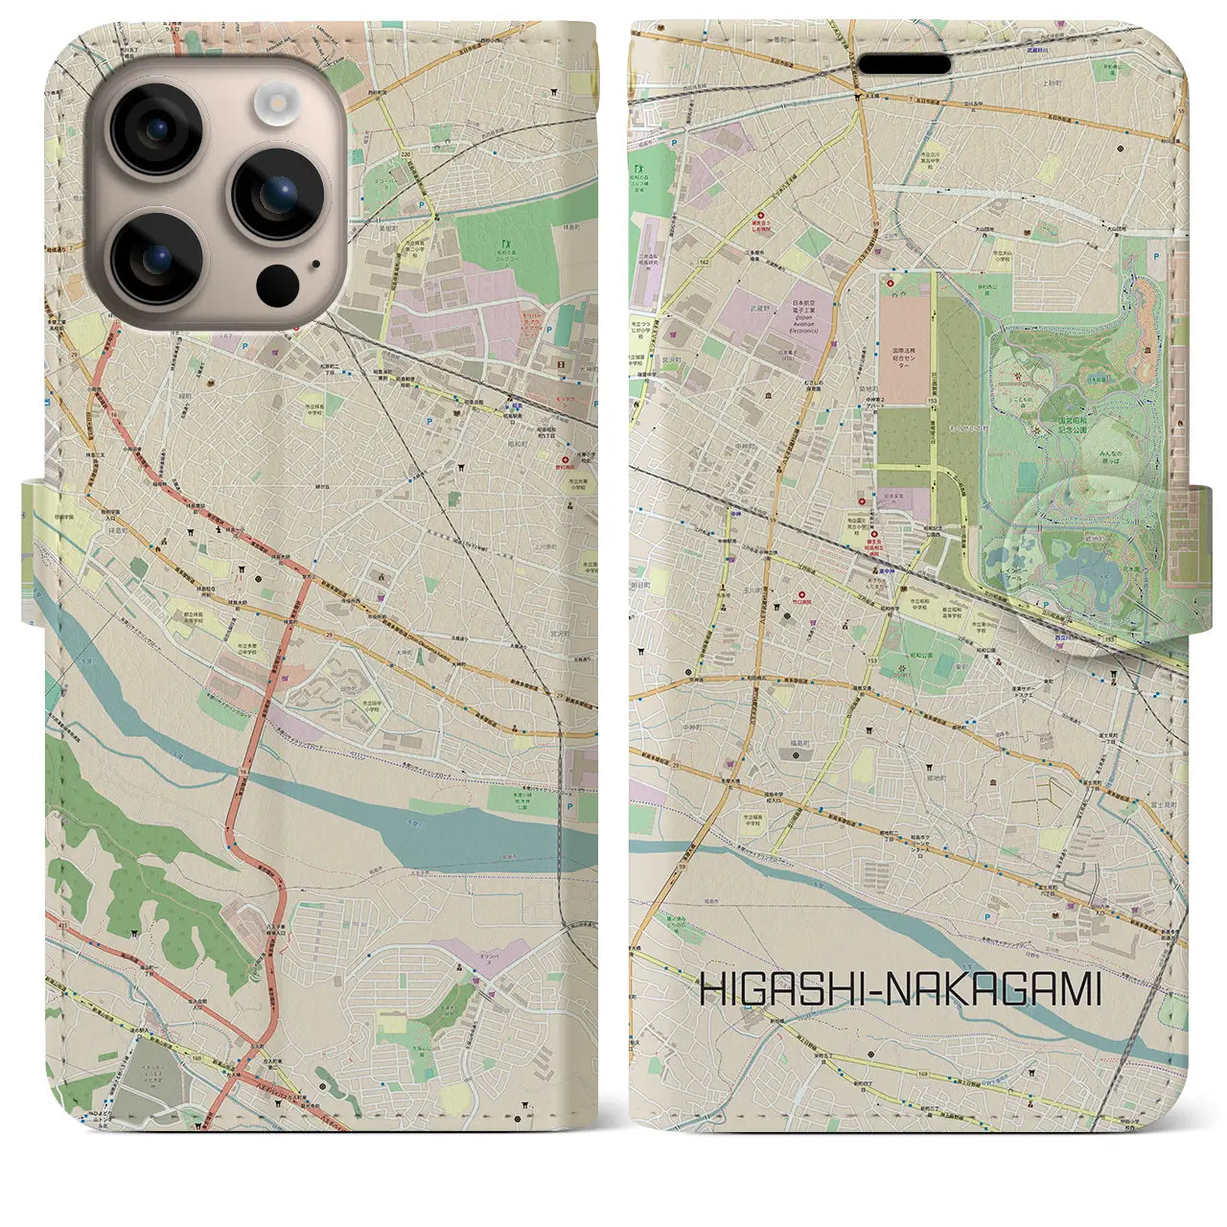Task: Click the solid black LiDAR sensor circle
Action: tap(278, 285)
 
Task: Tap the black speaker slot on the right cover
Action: tap(903, 64)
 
